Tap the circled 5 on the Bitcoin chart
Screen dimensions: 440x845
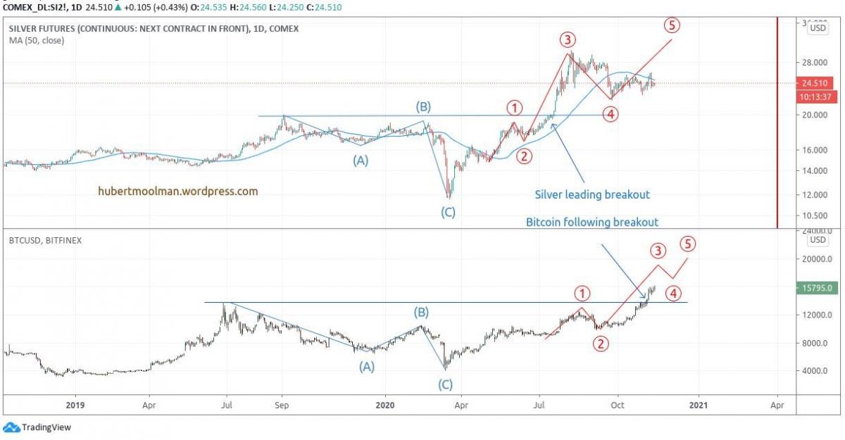[688, 244]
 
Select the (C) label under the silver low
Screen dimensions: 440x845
[448, 212]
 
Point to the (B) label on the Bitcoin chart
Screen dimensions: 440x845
[421, 312]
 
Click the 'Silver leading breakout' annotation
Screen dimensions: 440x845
[591, 194]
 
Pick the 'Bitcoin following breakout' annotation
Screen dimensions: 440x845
[592, 222]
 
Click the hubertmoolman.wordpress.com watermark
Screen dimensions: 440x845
[178, 191]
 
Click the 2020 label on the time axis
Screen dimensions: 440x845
[384, 405]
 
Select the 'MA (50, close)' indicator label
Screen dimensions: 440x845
[36, 40]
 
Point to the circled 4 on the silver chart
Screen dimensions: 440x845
[611, 113]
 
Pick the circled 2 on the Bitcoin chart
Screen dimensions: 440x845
[601, 344]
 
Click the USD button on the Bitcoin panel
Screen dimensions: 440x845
[818, 240]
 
